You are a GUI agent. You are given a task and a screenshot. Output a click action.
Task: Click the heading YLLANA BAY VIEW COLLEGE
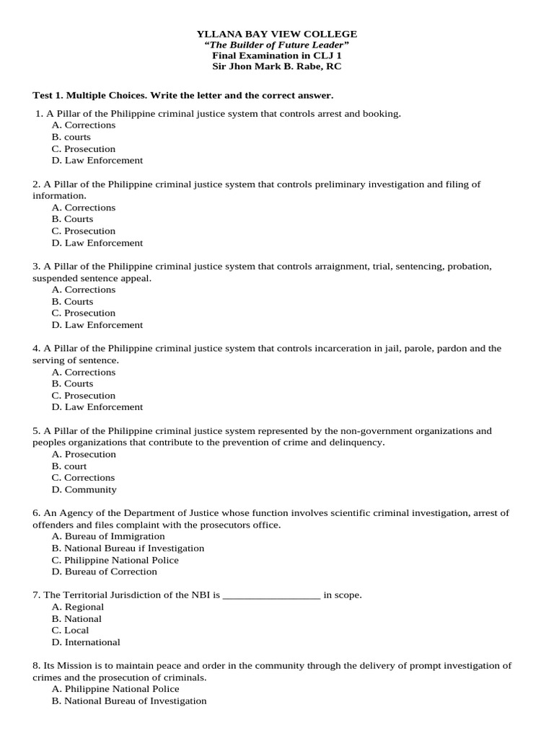[277, 34]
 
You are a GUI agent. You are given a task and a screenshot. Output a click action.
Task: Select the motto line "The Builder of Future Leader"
[277, 45]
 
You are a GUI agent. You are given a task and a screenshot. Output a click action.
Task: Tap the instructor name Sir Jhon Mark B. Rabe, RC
[277, 66]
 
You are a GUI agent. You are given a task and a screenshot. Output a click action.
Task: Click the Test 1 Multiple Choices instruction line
[183, 95]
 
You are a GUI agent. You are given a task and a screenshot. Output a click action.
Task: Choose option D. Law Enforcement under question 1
[97, 160]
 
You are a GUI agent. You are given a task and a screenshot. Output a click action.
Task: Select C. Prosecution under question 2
[84, 231]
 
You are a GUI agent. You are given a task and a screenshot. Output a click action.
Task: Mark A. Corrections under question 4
[84, 372]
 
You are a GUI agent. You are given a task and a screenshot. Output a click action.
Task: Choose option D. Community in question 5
[84, 489]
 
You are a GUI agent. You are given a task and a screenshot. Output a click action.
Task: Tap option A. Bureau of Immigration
[108, 536]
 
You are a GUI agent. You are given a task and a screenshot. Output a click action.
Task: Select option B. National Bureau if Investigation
[128, 548]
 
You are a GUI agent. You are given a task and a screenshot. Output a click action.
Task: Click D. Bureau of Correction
[105, 572]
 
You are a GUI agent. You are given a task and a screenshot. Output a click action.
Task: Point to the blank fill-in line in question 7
[271, 596]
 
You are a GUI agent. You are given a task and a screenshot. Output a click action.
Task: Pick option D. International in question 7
[86, 642]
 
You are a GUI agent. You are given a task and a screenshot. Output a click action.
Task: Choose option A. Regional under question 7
[78, 607]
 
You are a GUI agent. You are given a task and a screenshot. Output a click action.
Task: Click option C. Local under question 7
[71, 630]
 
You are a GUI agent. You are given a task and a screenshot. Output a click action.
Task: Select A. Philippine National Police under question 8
[115, 689]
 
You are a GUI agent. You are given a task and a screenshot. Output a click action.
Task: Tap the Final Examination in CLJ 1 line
[277, 55]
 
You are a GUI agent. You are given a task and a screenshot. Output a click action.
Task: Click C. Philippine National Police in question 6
[115, 560]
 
